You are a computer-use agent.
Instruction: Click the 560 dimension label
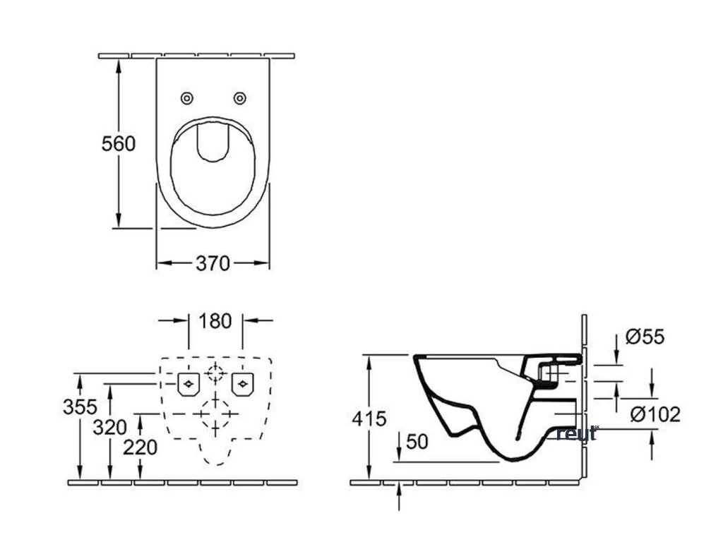point(118,143)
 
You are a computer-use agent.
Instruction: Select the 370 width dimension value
point(213,263)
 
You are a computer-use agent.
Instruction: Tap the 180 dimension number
point(215,321)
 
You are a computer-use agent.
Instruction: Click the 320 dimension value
point(110,426)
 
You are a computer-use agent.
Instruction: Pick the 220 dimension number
point(141,447)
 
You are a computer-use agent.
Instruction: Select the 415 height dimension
point(370,418)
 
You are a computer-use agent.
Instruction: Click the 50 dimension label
point(418,442)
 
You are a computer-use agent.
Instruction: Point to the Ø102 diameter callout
point(655,414)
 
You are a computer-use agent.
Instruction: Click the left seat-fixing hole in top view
point(187,97)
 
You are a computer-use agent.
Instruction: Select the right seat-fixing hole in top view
point(240,97)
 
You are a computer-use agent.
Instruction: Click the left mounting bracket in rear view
point(189,384)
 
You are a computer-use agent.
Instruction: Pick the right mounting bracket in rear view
point(243,384)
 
